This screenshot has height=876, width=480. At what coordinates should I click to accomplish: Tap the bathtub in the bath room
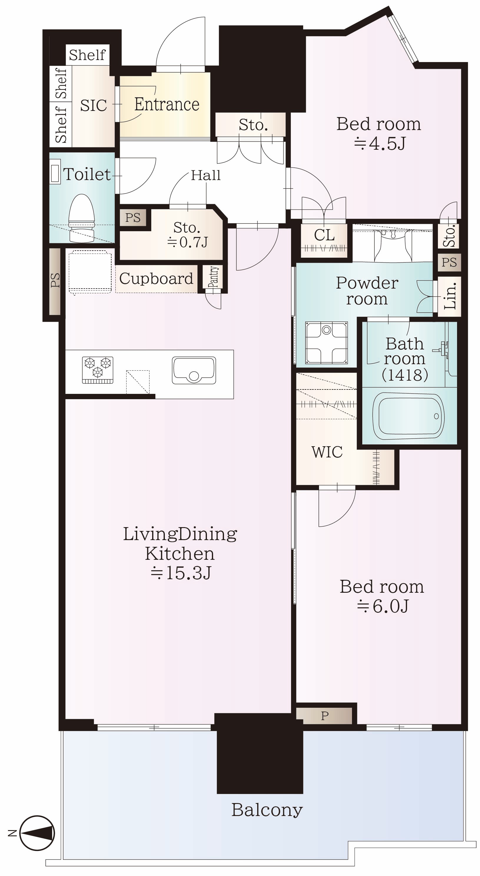tap(408, 416)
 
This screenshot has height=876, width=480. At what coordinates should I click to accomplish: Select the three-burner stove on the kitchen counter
tap(98, 370)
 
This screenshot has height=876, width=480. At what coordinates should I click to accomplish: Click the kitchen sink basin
tap(194, 370)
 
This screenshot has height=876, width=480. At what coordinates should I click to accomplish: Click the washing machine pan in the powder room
tap(327, 342)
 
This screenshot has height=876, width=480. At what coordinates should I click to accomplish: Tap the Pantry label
tap(214, 277)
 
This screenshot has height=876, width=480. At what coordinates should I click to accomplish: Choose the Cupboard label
tap(156, 279)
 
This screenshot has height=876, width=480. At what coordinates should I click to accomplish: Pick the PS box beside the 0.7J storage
tap(133, 218)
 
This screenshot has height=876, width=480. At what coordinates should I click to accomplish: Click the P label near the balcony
tap(325, 716)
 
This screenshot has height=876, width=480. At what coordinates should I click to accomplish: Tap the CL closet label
tap(324, 235)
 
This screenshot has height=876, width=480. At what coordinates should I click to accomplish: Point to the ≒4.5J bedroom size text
tap(379, 144)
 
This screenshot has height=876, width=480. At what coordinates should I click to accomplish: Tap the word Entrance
tap(167, 104)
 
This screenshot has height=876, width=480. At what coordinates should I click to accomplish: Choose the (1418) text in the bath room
tap(405, 375)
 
